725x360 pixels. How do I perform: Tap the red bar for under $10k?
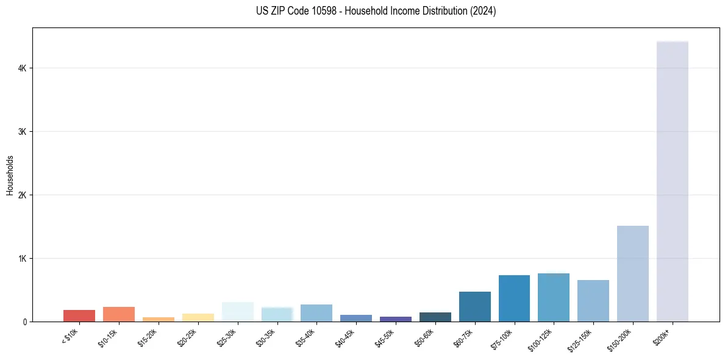(79, 315)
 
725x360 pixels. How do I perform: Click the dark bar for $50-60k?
(435, 317)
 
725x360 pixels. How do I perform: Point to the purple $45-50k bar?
(395, 319)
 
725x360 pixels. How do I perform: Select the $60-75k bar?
(474, 306)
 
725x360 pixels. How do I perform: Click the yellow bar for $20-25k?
(198, 317)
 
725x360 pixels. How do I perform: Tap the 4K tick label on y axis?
(22, 68)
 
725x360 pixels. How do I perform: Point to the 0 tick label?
(25, 322)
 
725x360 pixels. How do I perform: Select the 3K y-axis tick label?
(22, 132)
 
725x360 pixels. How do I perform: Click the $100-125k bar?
(554, 297)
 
